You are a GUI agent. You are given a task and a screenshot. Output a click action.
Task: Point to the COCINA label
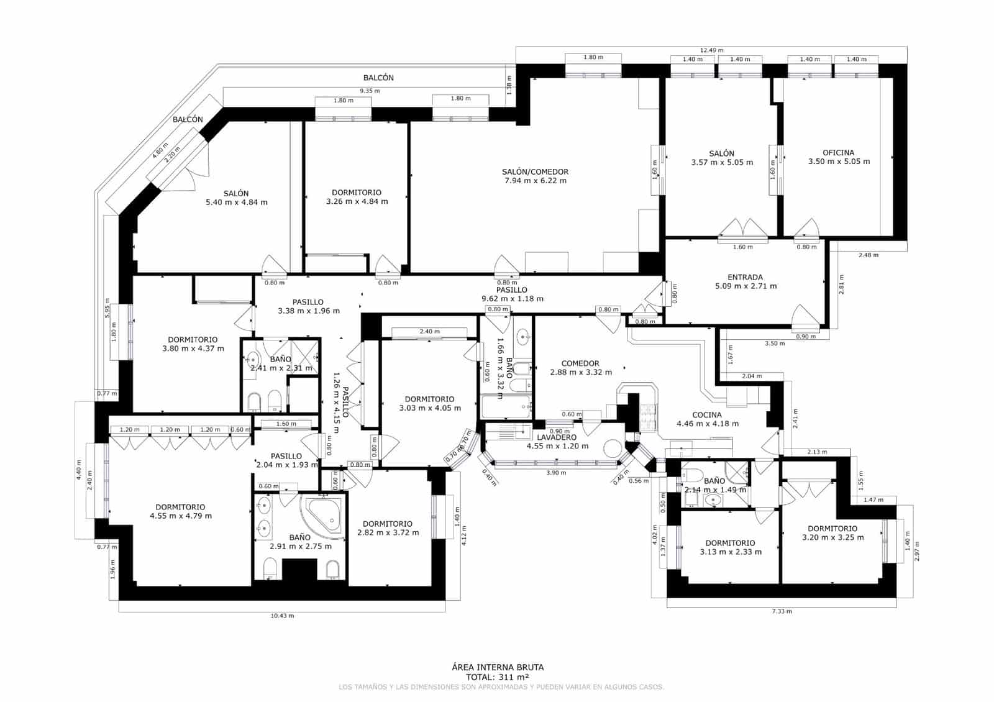pyautogui.click(x=707, y=415)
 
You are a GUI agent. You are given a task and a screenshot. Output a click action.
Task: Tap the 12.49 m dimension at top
pyautogui.click(x=711, y=50)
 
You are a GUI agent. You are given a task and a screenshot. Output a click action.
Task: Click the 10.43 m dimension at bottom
pyautogui.click(x=282, y=616)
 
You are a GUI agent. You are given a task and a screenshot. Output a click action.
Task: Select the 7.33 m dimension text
pyautogui.click(x=782, y=611)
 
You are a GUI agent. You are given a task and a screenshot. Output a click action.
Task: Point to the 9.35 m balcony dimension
pyautogui.click(x=370, y=91)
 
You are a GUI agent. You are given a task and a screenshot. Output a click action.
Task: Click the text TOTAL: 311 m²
pyautogui.click(x=497, y=677)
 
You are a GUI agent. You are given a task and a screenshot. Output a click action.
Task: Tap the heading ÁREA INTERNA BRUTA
pyautogui.click(x=497, y=667)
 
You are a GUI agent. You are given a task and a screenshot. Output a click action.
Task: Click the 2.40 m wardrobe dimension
pyautogui.click(x=430, y=331)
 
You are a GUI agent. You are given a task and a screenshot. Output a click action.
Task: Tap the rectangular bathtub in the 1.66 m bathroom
pyautogui.click(x=506, y=408)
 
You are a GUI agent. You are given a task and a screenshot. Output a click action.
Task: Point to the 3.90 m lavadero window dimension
pyautogui.click(x=555, y=473)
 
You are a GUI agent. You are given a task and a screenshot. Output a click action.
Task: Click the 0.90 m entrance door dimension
pyautogui.click(x=806, y=336)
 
